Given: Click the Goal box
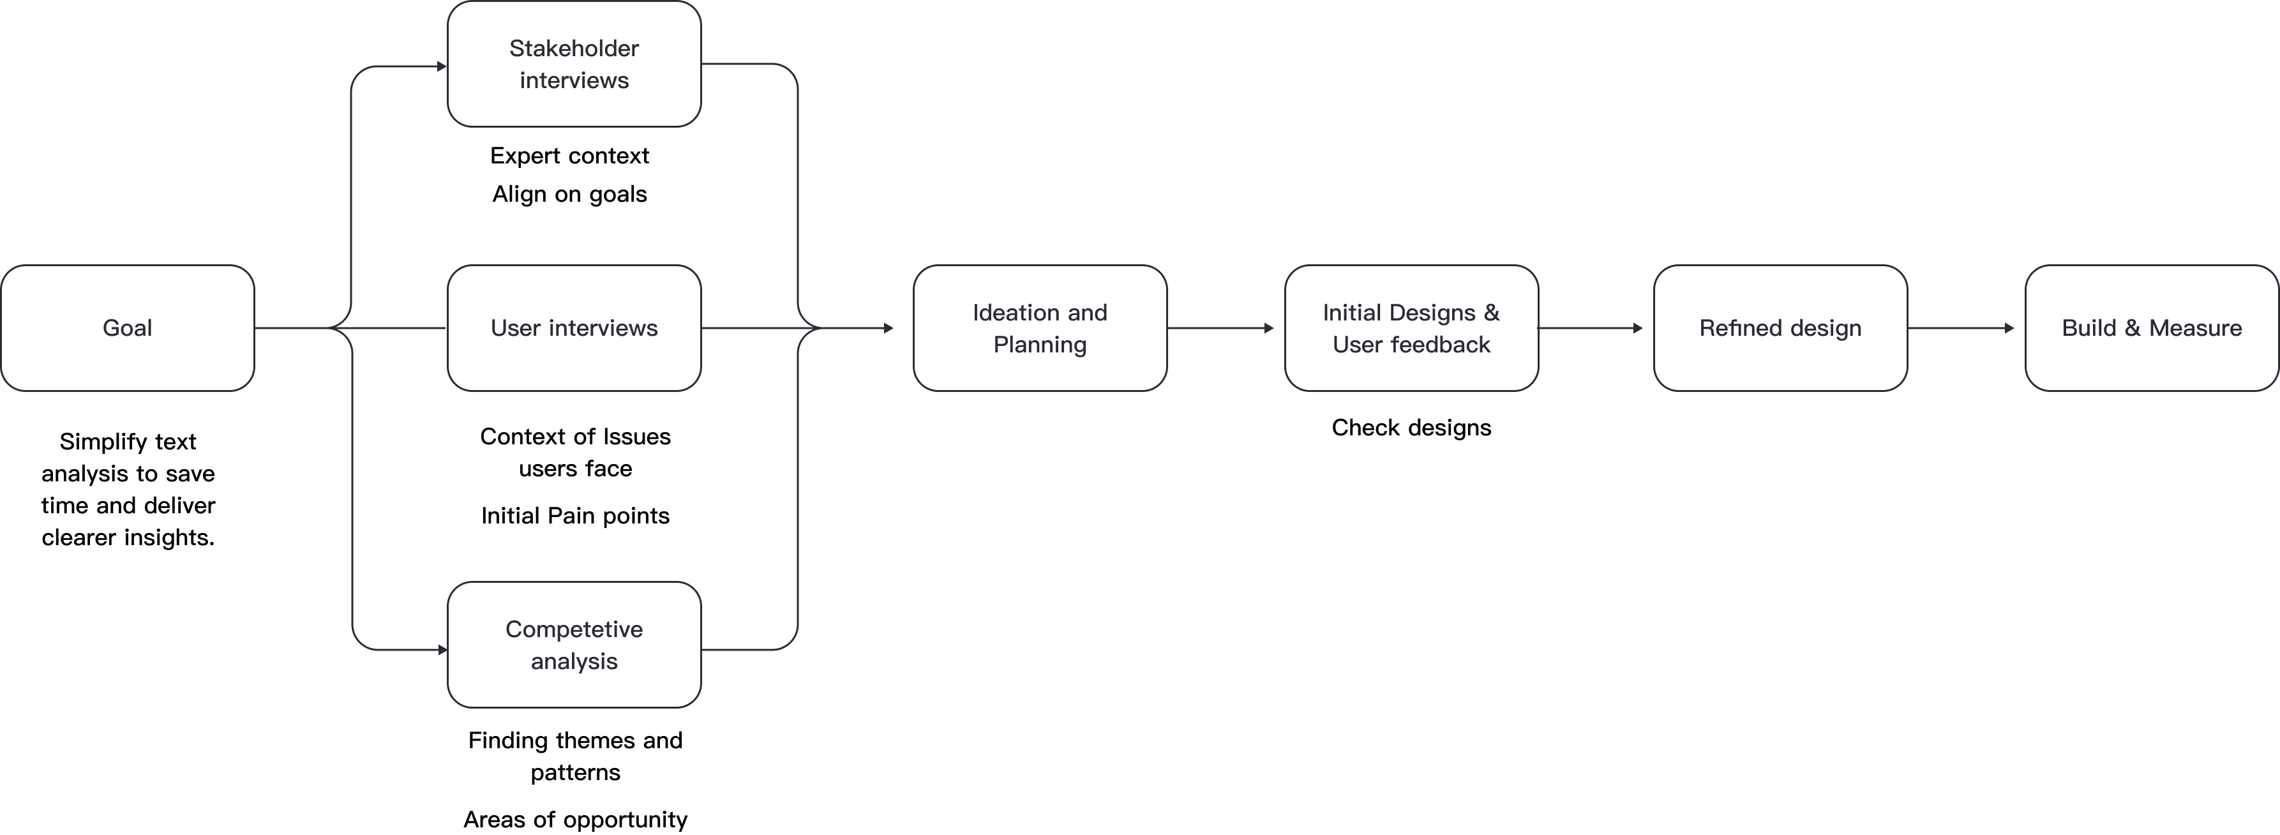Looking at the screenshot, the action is click(128, 327).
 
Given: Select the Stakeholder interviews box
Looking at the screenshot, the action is click(574, 64).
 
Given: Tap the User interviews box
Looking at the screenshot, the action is click(574, 327).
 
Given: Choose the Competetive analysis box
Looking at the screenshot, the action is click(574, 645).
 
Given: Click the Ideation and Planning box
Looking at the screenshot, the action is click(1040, 327).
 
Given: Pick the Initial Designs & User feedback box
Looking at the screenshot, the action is click(1412, 327).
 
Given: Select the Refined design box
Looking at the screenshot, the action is click(1781, 327).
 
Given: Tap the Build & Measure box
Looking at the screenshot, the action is click(2152, 327).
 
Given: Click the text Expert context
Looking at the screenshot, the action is click(570, 156).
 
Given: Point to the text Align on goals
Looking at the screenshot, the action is click(570, 194).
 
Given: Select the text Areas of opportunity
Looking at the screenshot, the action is click(575, 819).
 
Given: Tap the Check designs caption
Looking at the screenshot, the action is click(1412, 428).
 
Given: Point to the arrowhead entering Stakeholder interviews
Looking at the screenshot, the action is click(442, 66).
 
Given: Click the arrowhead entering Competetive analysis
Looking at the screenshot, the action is click(442, 650).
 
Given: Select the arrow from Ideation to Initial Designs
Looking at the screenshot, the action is click(1220, 329).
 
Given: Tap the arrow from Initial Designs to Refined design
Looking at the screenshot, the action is click(1591, 329).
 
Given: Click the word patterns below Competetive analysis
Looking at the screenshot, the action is click(575, 773).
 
